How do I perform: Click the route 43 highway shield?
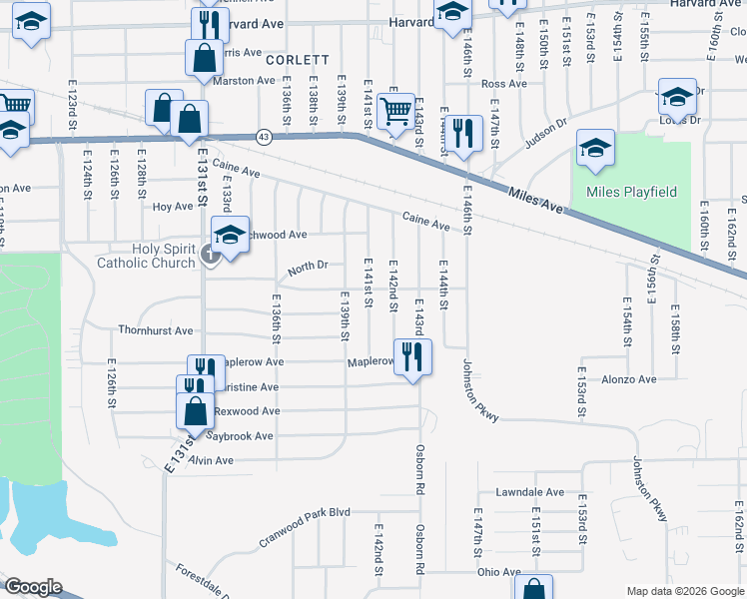(263, 135)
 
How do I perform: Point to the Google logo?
(33, 587)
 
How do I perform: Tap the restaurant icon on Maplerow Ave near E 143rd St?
(412, 355)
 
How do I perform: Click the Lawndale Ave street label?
(530, 493)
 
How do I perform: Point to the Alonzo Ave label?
(628, 379)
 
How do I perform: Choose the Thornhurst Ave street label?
(155, 330)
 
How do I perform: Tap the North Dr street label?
(308, 269)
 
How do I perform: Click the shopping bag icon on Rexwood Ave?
(195, 409)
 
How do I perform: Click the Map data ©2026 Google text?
(684, 591)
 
